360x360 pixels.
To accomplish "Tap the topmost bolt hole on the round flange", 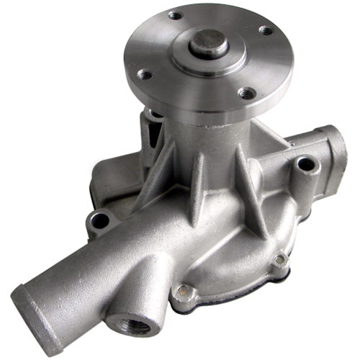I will click(x=175, y=14).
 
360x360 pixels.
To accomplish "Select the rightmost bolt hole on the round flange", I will click(x=266, y=31).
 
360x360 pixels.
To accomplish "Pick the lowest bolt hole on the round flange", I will click(x=246, y=92).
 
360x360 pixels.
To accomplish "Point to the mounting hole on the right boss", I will click(x=306, y=164).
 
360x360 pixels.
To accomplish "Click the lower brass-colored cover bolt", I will click(x=185, y=291).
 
